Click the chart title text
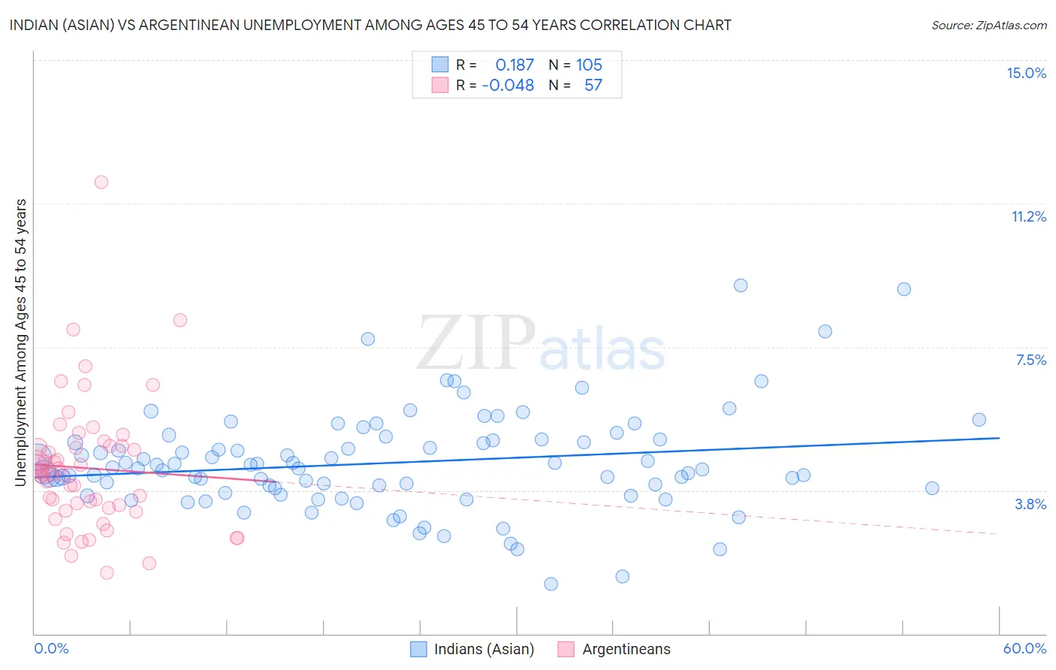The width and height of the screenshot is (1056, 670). [x=370, y=25]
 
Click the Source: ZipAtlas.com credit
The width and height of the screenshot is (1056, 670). [x=988, y=25]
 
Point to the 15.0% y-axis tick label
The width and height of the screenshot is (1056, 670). [x=1026, y=73]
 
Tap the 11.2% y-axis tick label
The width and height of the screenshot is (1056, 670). [x=1028, y=216]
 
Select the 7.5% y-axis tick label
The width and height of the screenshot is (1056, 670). [x=1030, y=360]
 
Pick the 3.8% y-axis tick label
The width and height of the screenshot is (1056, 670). [x=1030, y=504]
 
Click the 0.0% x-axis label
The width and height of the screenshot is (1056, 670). [x=51, y=648]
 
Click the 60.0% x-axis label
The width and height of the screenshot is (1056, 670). [x=1024, y=648]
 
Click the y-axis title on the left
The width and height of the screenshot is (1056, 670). [x=21, y=342]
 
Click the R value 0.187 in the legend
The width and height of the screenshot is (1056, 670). [x=514, y=65]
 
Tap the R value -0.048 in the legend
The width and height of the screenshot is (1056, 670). [x=508, y=85]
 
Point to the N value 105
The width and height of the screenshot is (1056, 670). [x=589, y=65]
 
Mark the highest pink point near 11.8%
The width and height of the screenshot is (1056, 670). [x=101, y=182]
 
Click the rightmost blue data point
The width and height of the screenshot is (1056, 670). [x=979, y=420]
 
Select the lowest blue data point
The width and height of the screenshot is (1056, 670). [x=551, y=584]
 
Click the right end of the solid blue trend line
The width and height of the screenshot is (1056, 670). [x=999, y=437]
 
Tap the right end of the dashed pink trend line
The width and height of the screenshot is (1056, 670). [x=997, y=533]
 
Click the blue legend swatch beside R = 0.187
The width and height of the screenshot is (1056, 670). [x=439, y=65]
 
